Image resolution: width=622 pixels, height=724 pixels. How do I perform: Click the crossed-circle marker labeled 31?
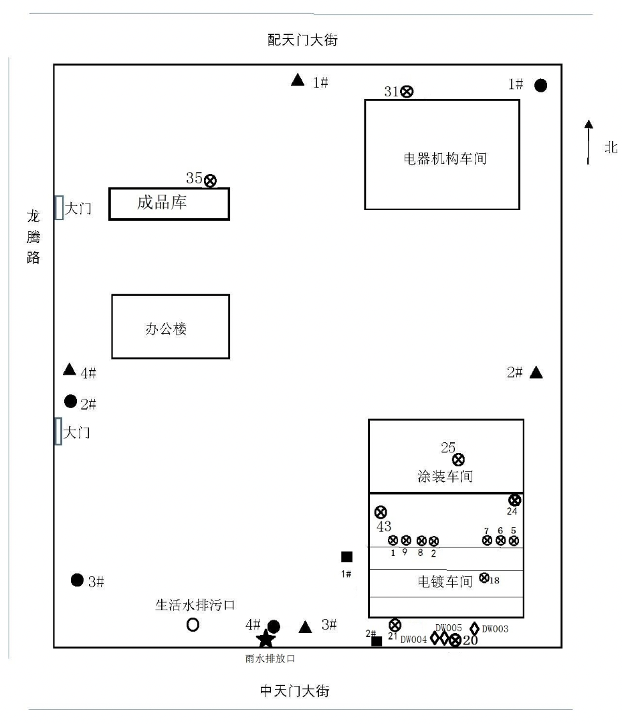pyautogui.click(x=407, y=92)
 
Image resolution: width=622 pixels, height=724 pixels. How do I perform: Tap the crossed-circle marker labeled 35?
pyautogui.click(x=211, y=180)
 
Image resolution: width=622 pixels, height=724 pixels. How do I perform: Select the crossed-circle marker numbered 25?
pyautogui.click(x=458, y=459)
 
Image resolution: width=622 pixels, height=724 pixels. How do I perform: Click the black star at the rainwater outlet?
pyautogui.click(x=266, y=638)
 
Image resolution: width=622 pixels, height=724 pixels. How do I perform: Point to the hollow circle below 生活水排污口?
pyautogui.click(x=193, y=625)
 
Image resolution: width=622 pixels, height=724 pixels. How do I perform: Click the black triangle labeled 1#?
pyautogui.click(x=298, y=80)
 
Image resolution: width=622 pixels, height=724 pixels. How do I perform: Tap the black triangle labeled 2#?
pyautogui.click(x=536, y=373)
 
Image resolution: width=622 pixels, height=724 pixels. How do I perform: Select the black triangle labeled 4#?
pyautogui.click(x=70, y=369)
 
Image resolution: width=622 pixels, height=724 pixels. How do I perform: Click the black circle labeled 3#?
pyautogui.click(x=77, y=579)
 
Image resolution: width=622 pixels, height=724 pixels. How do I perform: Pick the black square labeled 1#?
pyautogui.click(x=346, y=557)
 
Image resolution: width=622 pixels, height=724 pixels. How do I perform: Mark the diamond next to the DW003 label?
pyautogui.click(x=475, y=628)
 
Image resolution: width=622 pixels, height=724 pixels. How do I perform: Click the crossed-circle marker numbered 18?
pyautogui.click(x=485, y=579)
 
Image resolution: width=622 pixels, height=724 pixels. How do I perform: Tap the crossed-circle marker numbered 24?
pyautogui.click(x=514, y=500)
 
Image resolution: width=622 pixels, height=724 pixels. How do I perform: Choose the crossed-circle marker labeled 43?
pyautogui.click(x=381, y=512)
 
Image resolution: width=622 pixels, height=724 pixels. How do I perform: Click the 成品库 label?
pyautogui.click(x=162, y=203)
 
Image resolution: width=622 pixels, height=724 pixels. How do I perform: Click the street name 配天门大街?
pyautogui.click(x=303, y=41)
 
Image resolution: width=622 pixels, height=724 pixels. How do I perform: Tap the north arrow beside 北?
pyautogui.click(x=589, y=142)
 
